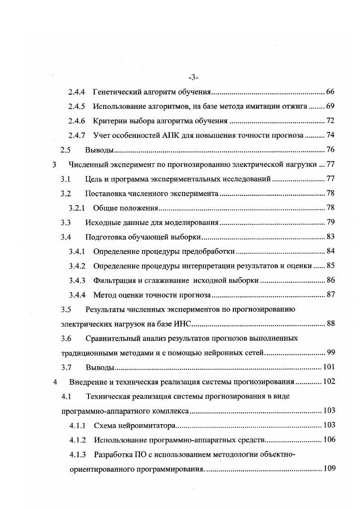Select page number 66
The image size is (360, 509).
pyautogui.click(x=330, y=93)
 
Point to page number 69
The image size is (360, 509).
pyautogui.click(x=330, y=107)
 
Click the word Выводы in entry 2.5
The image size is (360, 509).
pyautogui.click(x=99, y=150)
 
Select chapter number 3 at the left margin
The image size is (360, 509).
pyautogui.click(x=54, y=165)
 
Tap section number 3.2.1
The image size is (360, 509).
pyautogui.click(x=77, y=208)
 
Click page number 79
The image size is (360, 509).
pyautogui.click(x=330, y=223)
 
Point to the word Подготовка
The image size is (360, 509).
pyautogui.click(x=105, y=237)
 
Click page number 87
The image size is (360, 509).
pyautogui.click(x=330, y=295)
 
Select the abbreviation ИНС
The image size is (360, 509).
pyautogui.click(x=183, y=324)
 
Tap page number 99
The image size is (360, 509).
pyautogui.click(x=330, y=352)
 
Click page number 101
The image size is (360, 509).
pyautogui.click(x=328, y=367)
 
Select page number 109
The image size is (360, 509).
pyautogui.click(x=328, y=468)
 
